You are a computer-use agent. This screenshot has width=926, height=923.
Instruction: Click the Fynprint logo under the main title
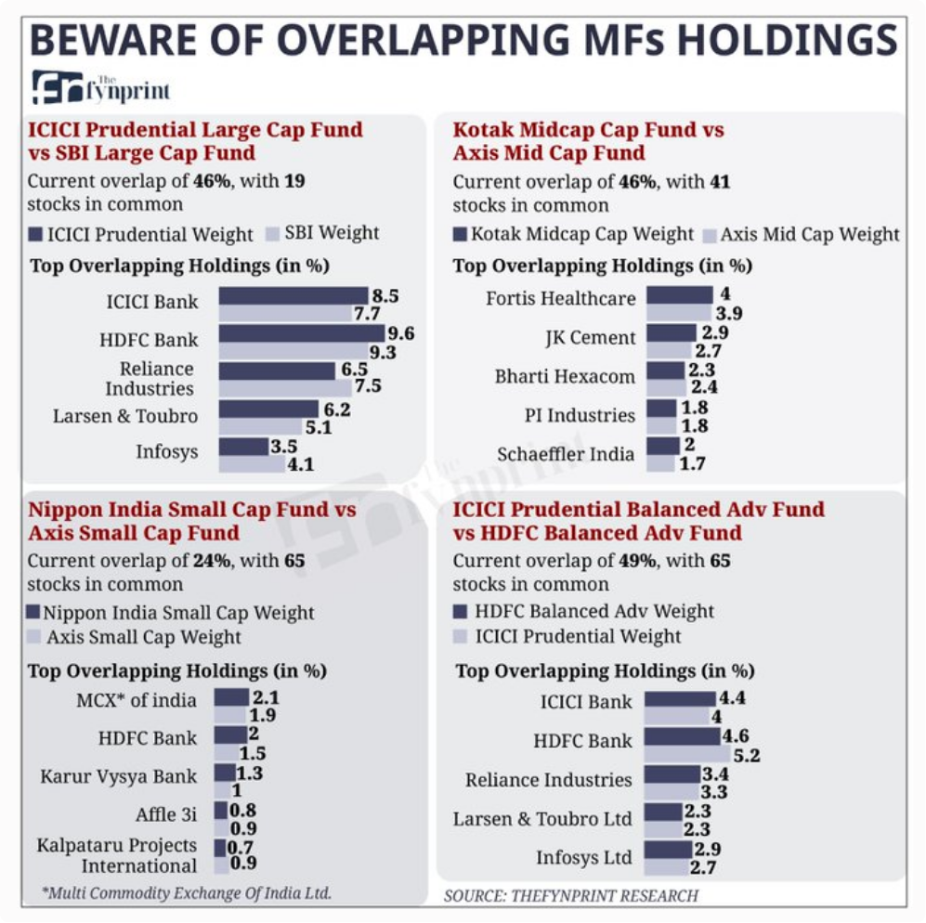100,87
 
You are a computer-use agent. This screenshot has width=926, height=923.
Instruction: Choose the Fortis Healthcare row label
560,299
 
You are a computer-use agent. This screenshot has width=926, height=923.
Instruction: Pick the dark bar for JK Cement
671,332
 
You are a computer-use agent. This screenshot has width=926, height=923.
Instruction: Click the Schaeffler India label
566,455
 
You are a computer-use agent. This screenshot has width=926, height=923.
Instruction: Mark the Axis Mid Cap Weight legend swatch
711,235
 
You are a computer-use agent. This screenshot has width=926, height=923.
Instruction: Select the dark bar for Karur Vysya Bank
225,773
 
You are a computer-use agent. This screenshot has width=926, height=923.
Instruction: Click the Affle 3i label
166,814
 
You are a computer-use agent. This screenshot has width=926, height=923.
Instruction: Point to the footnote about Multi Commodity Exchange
187,893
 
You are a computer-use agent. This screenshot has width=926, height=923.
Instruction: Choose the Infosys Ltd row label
583,857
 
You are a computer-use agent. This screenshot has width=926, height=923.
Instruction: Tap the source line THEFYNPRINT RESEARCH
570,895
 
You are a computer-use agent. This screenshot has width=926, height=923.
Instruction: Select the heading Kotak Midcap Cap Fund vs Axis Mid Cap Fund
588,140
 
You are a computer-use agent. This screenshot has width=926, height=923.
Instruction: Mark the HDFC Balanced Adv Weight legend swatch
460,612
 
